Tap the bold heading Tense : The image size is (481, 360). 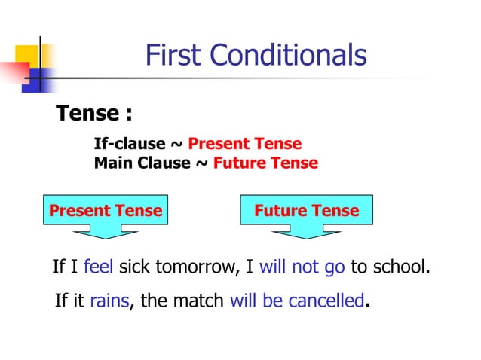(94, 114)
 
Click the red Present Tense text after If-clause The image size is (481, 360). (244, 144)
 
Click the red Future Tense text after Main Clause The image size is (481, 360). (265, 163)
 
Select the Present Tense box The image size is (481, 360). (106, 211)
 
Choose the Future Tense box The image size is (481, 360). (306, 211)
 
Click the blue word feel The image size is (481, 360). (98, 267)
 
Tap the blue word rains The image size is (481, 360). (109, 302)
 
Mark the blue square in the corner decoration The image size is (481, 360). (35, 81)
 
